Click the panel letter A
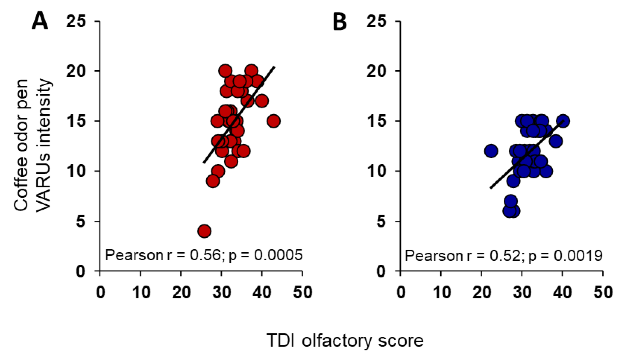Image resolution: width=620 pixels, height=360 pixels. pos(40,22)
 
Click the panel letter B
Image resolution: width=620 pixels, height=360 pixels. pos(340,22)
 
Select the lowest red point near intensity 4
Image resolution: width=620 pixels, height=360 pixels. pos(204,231)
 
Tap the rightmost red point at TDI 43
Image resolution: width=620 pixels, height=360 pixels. pos(274,121)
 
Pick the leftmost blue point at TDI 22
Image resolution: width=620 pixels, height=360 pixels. pos(491,151)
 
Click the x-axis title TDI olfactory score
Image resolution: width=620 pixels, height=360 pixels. pos(345,340)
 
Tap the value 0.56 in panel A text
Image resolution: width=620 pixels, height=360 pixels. pos(205,255)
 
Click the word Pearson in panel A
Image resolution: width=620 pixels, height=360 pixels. pos(134,255)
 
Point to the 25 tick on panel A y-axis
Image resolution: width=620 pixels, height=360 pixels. pos(76,21)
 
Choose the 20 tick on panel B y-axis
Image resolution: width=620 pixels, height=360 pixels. pos(376,71)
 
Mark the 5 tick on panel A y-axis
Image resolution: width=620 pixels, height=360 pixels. pos(80,222)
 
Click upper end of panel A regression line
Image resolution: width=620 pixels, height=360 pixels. pos(274,67)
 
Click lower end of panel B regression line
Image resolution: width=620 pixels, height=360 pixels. pos(491,188)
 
